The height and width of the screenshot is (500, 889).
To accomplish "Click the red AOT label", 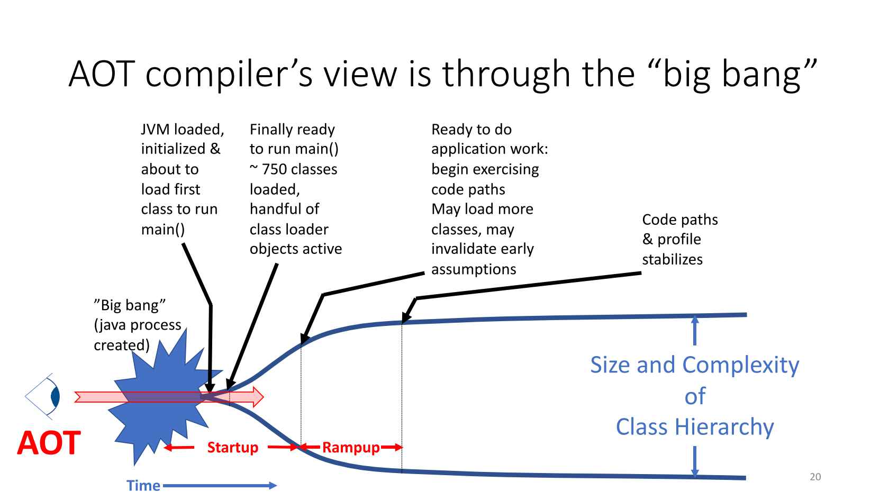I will (x=49, y=443).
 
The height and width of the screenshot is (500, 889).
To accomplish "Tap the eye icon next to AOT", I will (x=44, y=397).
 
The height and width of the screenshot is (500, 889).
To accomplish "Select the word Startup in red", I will (x=233, y=448).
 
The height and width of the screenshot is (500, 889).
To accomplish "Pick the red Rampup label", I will (x=351, y=448).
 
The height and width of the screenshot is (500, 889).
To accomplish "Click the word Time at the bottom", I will (x=143, y=485).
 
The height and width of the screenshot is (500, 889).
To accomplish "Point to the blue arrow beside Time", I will (x=220, y=485).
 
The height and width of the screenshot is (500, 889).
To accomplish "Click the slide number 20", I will (x=815, y=477).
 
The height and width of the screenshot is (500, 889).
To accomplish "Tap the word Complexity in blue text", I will (x=741, y=365).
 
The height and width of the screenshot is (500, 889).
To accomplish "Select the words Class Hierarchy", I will (x=695, y=427).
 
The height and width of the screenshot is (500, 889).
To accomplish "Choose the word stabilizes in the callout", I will (x=672, y=259).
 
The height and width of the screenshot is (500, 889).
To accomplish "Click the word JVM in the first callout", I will (x=156, y=130).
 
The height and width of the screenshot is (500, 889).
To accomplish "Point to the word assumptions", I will (x=474, y=269).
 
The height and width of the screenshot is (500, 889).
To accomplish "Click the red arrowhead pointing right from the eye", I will (x=258, y=397).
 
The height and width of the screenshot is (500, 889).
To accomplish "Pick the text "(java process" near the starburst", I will (x=138, y=325).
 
